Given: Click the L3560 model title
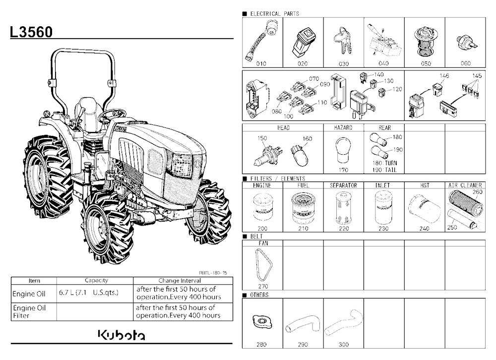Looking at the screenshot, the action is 31,32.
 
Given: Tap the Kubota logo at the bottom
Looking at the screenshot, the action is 122,335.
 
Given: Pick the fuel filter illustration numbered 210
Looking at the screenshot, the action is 303,209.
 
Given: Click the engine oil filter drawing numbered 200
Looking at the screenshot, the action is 262,208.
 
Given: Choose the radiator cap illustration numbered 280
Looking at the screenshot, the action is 262,322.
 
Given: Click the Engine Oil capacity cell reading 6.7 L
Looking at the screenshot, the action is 89,293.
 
